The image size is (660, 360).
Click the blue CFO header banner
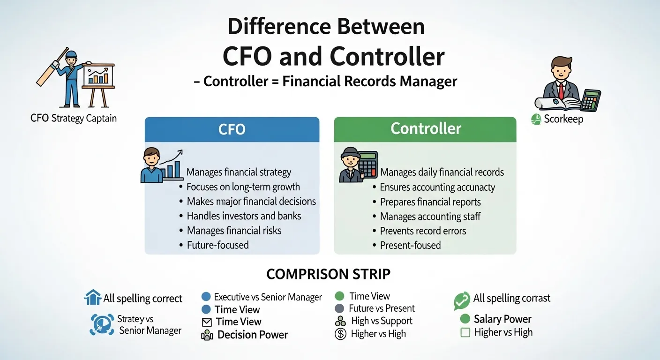click(232, 129)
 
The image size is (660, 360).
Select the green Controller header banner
click(425, 129)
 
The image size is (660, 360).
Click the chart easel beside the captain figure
click(98, 82)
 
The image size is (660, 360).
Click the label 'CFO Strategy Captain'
click(74, 118)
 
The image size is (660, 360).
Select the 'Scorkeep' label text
click(563, 120)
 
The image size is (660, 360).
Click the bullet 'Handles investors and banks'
click(244, 216)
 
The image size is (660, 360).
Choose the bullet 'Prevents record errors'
click(423, 231)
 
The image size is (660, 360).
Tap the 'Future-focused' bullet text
click(217, 245)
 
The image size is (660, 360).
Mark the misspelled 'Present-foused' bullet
click(410, 245)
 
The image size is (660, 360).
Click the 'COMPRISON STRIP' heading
click(328, 274)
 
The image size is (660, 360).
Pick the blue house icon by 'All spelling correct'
click(92, 297)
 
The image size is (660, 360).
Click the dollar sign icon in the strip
click(340, 334)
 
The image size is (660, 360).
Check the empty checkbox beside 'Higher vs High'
click(465, 333)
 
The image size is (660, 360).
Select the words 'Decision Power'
click(253, 335)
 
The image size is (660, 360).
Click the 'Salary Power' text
click(502, 319)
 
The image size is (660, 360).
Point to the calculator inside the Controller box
click(367, 164)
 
